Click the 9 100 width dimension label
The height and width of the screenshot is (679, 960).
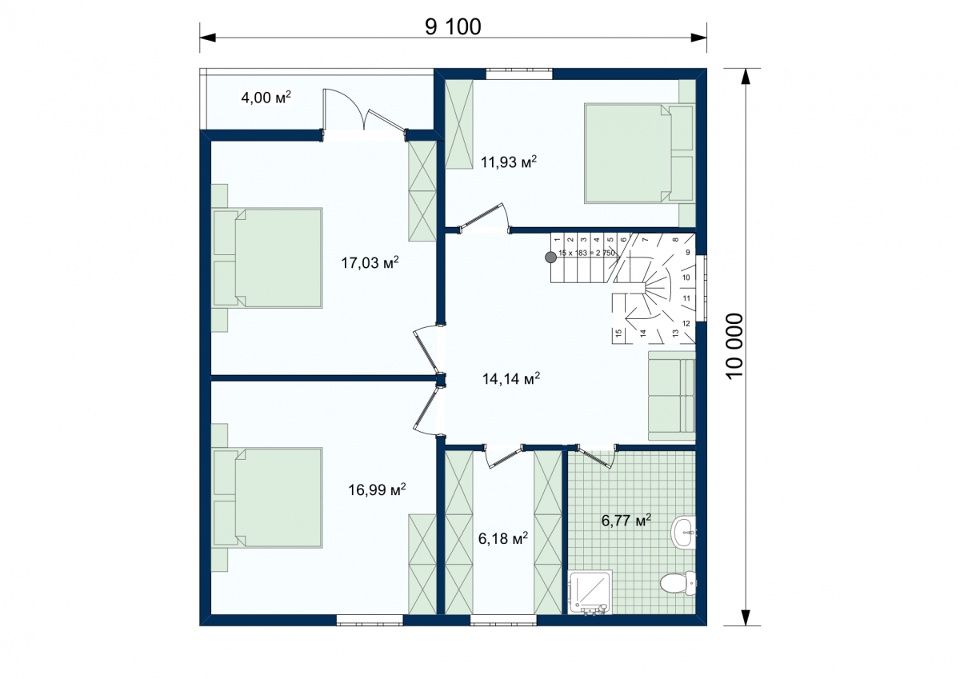[x=453, y=27]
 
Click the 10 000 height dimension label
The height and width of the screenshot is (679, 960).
[x=734, y=345]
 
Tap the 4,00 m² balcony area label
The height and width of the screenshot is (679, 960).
[x=266, y=98]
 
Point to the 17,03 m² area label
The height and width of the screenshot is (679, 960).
[x=370, y=262]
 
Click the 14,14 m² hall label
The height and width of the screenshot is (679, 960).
[x=511, y=378]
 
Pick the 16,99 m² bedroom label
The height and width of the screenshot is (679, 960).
[x=377, y=489]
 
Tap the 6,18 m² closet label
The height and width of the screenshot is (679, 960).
[x=502, y=538]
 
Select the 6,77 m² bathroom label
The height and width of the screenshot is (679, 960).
[x=626, y=521]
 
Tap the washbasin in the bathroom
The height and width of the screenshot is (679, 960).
[x=683, y=532]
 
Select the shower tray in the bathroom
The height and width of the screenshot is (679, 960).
[x=590, y=593]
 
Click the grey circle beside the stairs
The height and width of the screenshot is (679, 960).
[x=550, y=257]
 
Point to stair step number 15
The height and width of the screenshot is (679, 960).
[x=618, y=334]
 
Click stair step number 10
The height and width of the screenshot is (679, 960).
[x=686, y=278]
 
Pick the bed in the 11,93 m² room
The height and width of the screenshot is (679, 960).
[x=639, y=153]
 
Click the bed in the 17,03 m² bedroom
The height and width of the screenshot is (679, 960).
[x=267, y=258]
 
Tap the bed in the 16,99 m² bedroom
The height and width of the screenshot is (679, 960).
[x=267, y=497]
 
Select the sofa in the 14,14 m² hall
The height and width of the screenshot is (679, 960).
[x=671, y=395]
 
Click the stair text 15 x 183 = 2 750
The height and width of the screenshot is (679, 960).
[x=586, y=253]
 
